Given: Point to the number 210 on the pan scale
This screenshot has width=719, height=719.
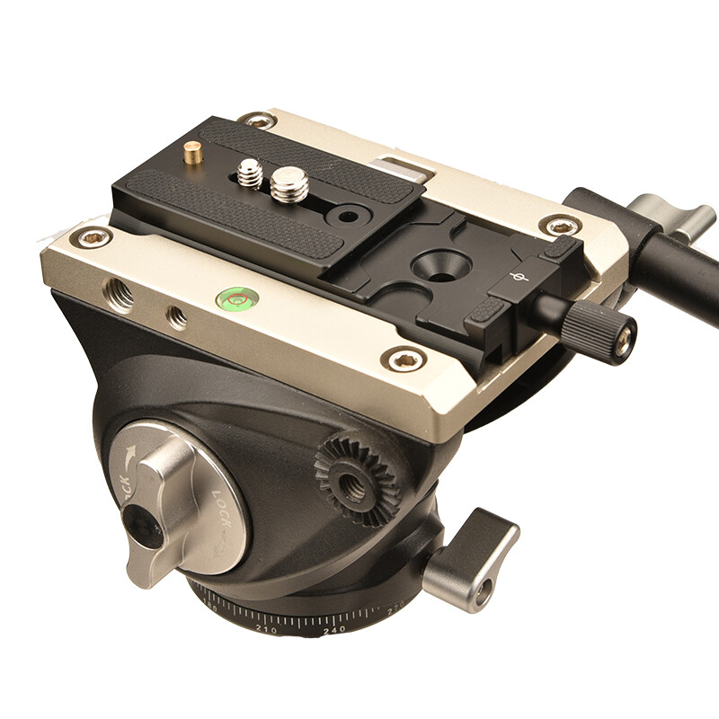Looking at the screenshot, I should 266,630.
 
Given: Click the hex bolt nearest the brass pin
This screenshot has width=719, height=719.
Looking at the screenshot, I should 257,120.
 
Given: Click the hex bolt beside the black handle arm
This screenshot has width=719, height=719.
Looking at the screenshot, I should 558,226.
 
